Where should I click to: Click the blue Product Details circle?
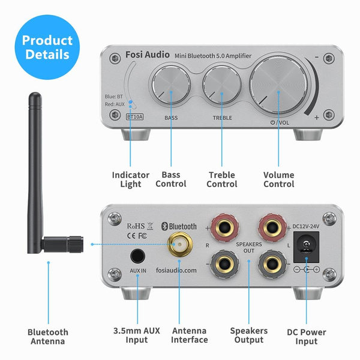(x=46, y=47)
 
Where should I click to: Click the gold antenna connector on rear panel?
(x=179, y=245)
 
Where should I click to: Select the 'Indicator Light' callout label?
(x=130, y=179)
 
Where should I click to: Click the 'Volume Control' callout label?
(x=278, y=179)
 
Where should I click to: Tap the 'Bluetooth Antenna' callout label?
(x=48, y=337)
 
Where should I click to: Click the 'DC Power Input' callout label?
(x=306, y=337)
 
